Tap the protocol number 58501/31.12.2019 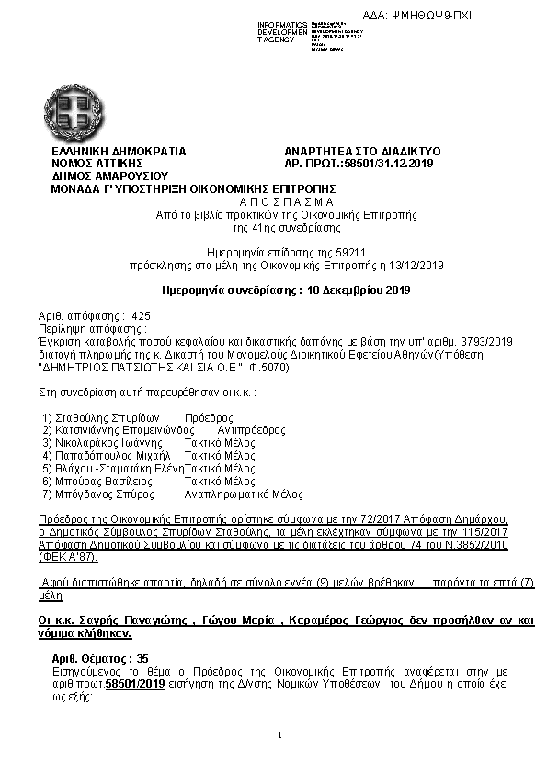click(387, 163)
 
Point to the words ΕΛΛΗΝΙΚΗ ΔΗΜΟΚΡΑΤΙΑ click(120, 151)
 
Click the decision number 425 click(142, 315)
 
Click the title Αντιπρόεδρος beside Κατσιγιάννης click(247, 430)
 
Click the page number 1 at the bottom click(279, 735)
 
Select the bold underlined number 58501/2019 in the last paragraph click(135, 685)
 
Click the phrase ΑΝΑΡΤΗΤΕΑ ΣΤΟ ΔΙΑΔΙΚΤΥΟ click(363, 151)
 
